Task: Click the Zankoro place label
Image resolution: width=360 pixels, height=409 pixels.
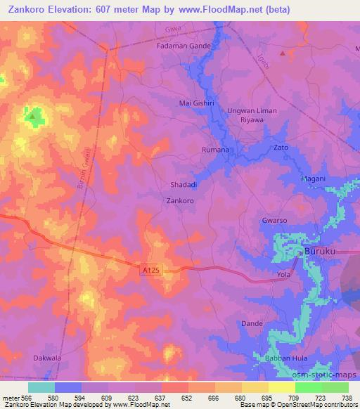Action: click(179, 200)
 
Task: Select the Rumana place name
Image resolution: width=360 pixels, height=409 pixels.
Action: click(216, 150)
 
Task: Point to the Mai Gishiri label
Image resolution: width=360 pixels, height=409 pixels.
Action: click(196, 103)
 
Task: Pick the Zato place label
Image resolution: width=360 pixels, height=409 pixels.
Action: click(281, 148)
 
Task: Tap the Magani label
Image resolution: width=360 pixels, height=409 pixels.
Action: click(313, 178)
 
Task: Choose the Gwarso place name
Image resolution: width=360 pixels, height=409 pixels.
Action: click(274, 220)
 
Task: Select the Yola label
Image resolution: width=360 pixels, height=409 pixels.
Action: click(283, 274)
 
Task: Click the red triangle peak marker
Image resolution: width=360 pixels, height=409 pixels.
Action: click(283, 53)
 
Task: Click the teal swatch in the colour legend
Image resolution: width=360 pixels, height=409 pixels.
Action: click(41, 387)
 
